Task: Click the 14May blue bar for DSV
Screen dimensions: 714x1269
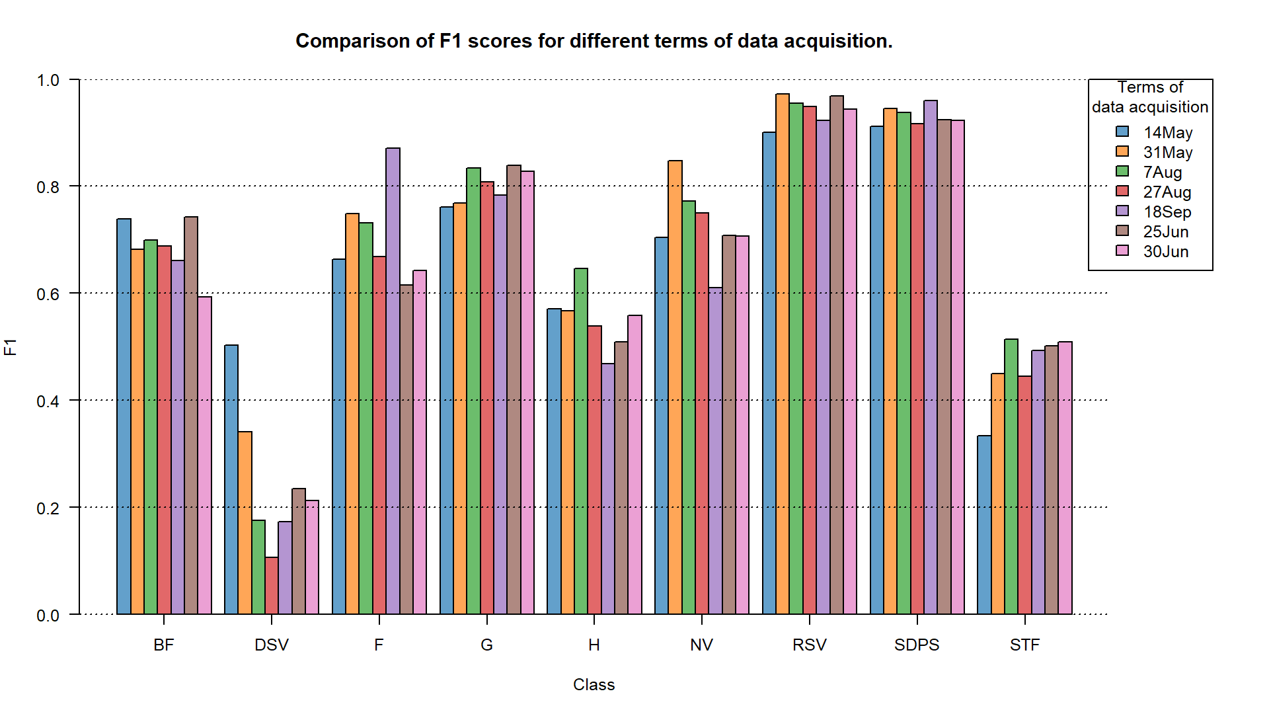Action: [231, 479]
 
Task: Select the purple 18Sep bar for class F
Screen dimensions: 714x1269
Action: [393, 381]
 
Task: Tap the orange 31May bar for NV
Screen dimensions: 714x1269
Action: [675, 387]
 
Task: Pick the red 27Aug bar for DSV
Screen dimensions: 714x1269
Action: [272, 586]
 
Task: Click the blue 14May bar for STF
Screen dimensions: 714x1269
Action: [984, 525]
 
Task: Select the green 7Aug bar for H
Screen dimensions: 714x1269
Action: [581, 441]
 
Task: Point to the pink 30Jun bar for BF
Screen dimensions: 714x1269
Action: [204, 456]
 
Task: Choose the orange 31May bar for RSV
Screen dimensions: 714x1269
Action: [783, 354]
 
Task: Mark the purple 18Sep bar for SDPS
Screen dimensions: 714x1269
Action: [931, 357]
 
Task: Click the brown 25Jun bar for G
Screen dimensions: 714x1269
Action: [514, 389]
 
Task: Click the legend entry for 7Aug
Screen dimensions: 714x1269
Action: [1162, 173]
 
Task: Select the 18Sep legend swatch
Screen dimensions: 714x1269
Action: [1122, 211]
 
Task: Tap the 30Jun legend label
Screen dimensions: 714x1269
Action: [1166, 252]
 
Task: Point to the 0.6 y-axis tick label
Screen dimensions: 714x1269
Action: [48, 294]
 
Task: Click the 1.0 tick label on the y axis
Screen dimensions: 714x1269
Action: [48, 81]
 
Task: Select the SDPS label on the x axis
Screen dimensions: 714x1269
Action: [917, 645]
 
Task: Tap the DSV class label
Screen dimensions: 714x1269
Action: [272, 645]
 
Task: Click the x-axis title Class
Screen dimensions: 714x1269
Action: [594, 685]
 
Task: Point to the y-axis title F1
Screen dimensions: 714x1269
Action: [11, 347]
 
